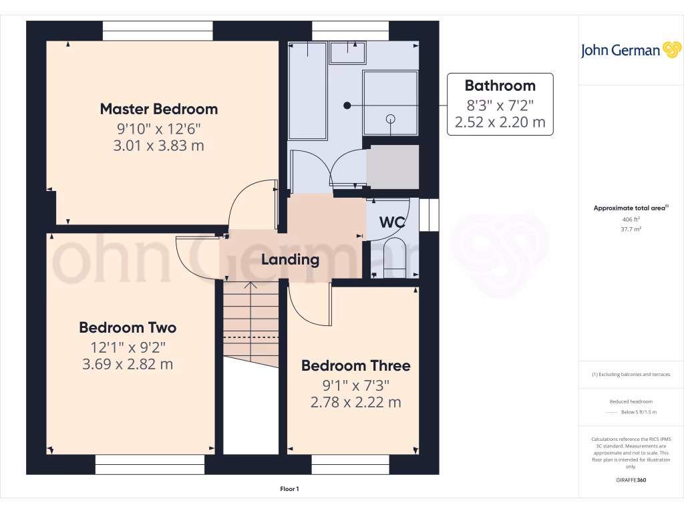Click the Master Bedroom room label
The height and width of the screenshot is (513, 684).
point(159,109)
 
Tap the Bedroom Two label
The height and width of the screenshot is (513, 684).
point(128,328)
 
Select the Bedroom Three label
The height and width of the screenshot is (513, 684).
point(355,366)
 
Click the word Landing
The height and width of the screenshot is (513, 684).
point(290,259)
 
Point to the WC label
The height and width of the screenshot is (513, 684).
point(392,222)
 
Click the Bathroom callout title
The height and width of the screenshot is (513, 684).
point(500,85)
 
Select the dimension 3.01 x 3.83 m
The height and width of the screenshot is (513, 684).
point(159,145)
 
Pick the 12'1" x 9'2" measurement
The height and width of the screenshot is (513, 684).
point(128,347)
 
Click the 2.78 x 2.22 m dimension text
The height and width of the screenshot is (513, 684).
point(355,402)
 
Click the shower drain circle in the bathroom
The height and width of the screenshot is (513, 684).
point(391,119)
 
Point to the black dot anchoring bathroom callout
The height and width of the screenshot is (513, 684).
point(347,106)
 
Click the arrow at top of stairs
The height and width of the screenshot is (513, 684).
point(250,286)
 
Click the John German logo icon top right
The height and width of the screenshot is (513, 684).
point(671,49)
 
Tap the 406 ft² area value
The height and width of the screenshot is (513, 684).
point(631,219)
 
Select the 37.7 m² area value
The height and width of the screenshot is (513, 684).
point(631,229)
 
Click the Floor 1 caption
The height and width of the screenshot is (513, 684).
point(289,490)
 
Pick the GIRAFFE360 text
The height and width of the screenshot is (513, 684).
point(631,480)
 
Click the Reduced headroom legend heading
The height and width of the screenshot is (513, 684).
point(631,401)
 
